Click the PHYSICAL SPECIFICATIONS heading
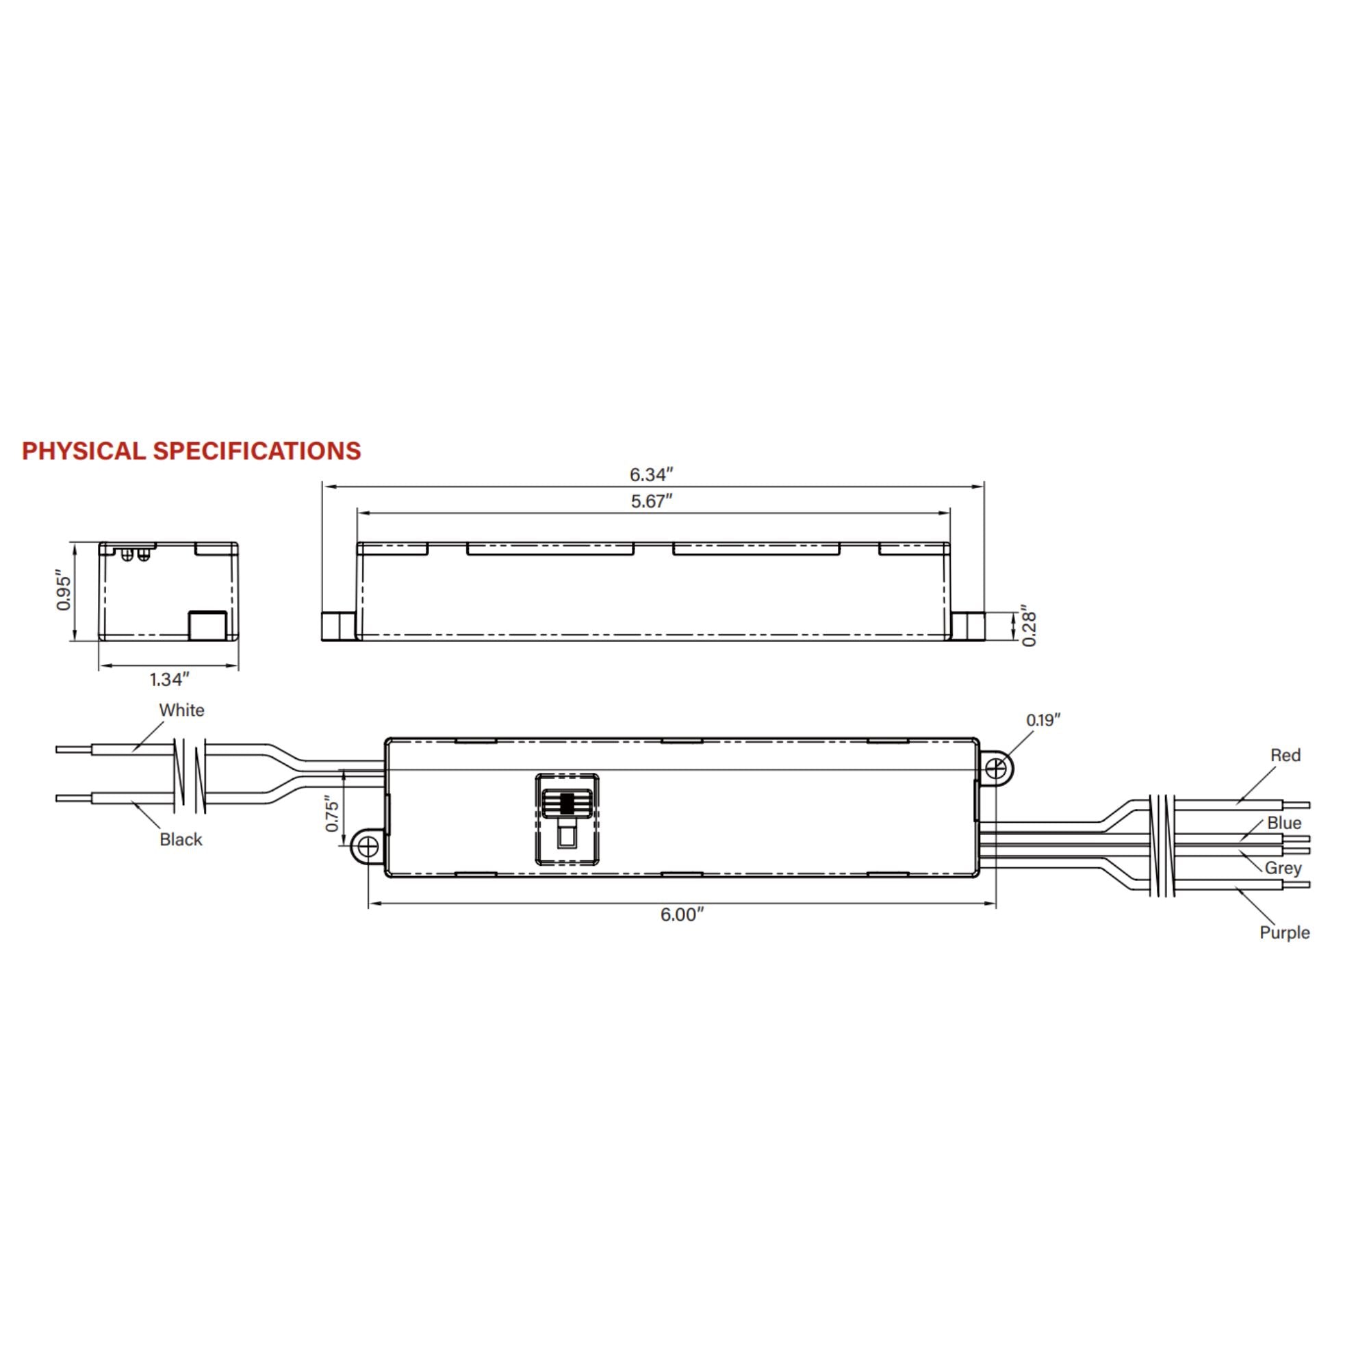pyautogui.click(x=192, y=450)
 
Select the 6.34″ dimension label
pyautogui.click(x=651, y=474)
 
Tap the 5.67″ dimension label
pyautogui.click(x=651, y=501)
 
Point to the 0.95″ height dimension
pyautogui.click(x=64, y=592)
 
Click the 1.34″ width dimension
pyautogui.click(x=169, y=680)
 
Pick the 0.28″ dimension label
pyautogui.click(x=1029, y=625)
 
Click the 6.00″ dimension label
pyautogui.click(x=682, y=914)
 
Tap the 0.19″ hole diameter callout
pyautogui.click(x=1043, y=720)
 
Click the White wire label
pyautogui.click(x=181, y=710)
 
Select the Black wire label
pyautogui.click(x=181, y=840)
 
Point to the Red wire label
pyautogui.click(x=1285, y=756)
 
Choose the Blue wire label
pyautogui.click(x=1284, y=823)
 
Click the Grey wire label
pyautogui.click(x=1283, y=868)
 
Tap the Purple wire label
pyautogui.click(x=1284, y=932)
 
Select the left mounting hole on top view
pyautogui.click(x=368, y=847)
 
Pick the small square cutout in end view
pyautogui.click(x=207, y=625)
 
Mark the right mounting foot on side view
pyautogui.click(x=967, y=626)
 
